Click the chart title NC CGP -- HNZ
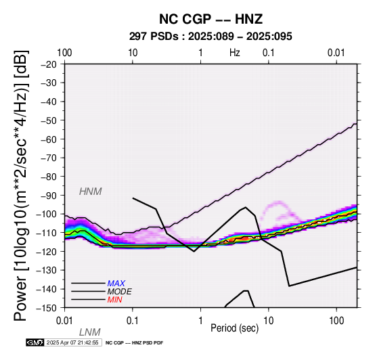pos(211,19)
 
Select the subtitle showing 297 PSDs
pos(211,37)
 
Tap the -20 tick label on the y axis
pos(49,64)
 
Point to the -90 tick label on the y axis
pos(49,196)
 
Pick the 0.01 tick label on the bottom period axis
pos(64,321)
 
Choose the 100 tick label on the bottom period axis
pos(336,321)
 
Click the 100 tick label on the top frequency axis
pos(64,53)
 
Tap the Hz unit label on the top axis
pos(235,53)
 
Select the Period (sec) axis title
pos(235,328)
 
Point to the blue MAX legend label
pos(116,284)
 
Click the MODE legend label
pos(119,292)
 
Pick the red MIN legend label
pos(114,300)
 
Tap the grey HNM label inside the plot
pos(91,192)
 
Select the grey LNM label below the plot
pos(89,332)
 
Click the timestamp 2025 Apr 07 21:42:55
pos(72,342)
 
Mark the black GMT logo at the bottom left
pos(35,342)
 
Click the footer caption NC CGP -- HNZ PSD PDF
pos(134,343)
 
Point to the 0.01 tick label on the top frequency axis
pos(336,53)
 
